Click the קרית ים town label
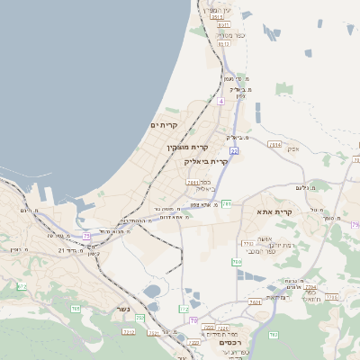click(x=164, y=125)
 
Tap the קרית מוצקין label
click(x=187, y=146)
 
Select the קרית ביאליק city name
click(x=202, y=161)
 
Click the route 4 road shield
click(x=220, y=101)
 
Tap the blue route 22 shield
click(x=233, y=152)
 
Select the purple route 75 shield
click(x=87, y=236)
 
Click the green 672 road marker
click(x=22, y=286)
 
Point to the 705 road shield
click(x=76, y=309)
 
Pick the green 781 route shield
click(x=227, y=204)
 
